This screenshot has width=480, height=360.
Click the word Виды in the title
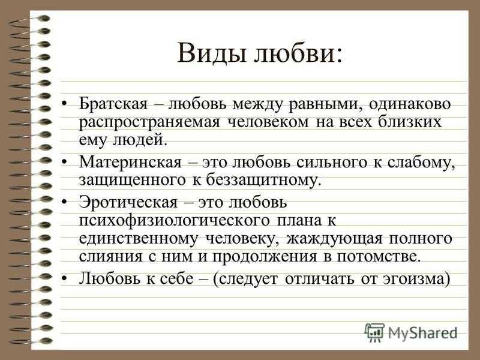(212, 53)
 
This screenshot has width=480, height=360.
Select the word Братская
(113, 103)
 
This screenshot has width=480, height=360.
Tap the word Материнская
(130, 161)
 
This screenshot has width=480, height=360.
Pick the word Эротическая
(128, 202)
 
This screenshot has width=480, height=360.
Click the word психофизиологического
(175, 220)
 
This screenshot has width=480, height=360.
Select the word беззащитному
(264, 180)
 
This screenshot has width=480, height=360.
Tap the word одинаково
(410, 103)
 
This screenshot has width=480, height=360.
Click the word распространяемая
(149, 122)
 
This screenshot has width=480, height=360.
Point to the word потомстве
(379, 257)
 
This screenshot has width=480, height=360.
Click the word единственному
(139, 239)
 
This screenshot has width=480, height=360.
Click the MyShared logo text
(423, 332)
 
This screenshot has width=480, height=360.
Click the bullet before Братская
(64, 104)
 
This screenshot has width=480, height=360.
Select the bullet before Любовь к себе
(64, 279)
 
